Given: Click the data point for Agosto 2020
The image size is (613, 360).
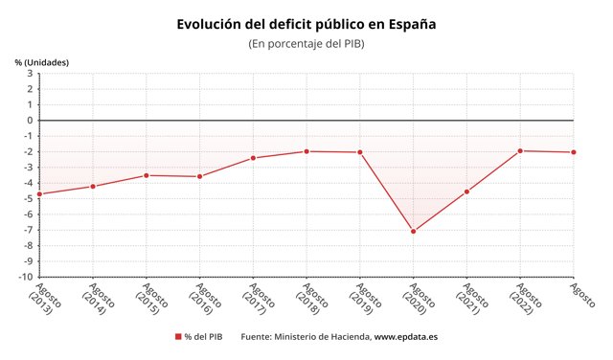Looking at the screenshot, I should tap(414, 231).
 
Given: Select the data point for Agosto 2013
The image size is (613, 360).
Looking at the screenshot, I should tap(39, 194).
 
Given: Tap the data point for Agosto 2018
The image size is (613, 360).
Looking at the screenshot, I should tap(306, 151).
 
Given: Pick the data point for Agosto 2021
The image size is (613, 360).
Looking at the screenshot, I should tap(466, 191).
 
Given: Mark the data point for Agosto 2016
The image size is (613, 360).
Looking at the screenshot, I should tap(199, 176).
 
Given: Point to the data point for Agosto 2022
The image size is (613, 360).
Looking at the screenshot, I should tap(520, 150).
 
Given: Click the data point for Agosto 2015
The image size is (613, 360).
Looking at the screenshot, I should tap(147, 175).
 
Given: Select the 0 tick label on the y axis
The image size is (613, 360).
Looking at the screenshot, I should tap(30, 121).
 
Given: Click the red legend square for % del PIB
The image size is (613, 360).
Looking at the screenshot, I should tap(177, 337).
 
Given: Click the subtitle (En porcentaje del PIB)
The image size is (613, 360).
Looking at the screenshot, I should tap(306, 44).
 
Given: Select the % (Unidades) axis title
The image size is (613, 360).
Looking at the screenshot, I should tap(41, 62).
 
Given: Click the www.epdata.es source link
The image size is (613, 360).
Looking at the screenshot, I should tap(405, 337).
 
